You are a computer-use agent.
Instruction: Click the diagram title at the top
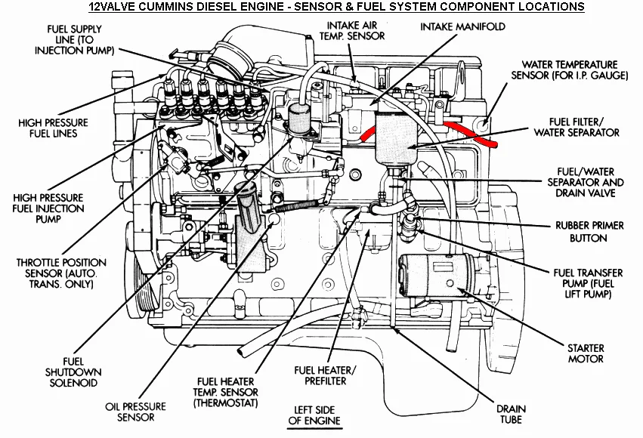[336, 7]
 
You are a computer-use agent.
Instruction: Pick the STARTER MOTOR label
[586, 353]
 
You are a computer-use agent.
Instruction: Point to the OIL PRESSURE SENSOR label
[130, 412]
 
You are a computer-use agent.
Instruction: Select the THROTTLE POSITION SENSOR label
[61, 273]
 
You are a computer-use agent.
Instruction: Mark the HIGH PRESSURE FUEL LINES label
[54, 128]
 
